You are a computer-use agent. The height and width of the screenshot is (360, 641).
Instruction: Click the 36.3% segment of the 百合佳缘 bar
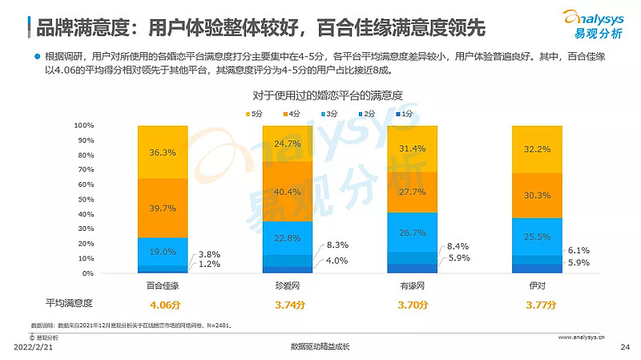point(163,152)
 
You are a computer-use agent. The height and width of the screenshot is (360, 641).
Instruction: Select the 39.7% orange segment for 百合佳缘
point(163,208)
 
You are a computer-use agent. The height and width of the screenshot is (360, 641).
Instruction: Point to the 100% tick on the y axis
point(84,126)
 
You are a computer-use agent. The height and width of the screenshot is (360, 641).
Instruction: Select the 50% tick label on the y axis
point(86,200)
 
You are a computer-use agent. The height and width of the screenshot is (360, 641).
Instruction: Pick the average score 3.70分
point(413,305)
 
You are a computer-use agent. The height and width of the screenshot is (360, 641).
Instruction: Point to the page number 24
point(626,346)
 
